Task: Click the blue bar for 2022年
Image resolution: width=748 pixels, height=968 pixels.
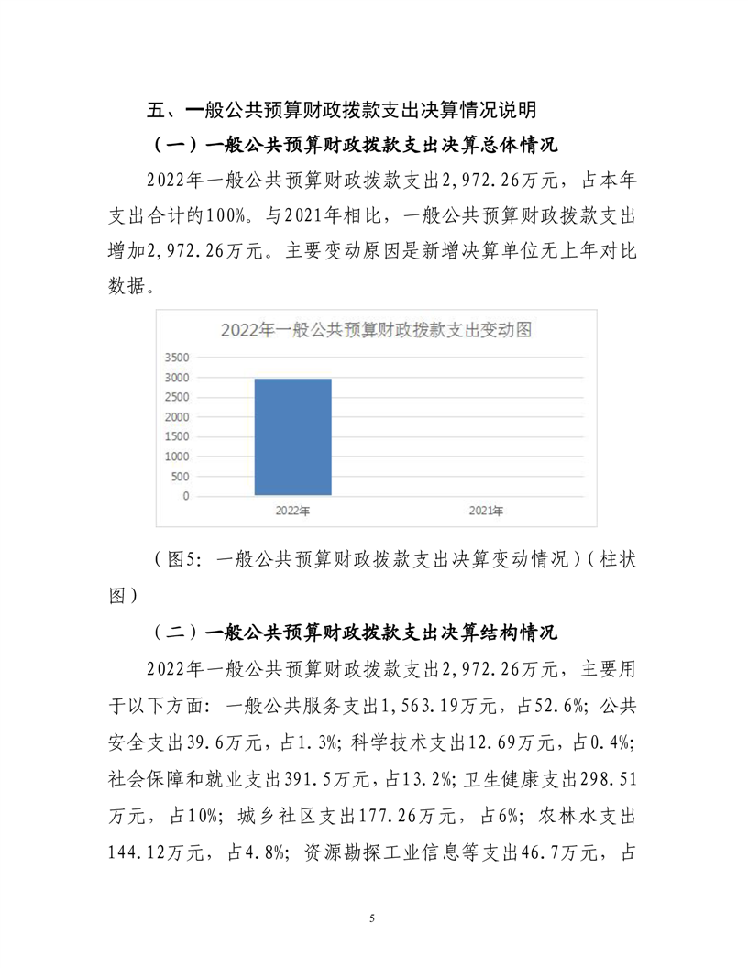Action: pos(293,436)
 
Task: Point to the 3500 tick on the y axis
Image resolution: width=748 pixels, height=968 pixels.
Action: pos(177,357)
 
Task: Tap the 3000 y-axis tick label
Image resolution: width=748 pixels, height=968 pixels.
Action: pos(177,378)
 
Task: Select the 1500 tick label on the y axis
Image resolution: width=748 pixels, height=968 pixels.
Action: pos(177,437)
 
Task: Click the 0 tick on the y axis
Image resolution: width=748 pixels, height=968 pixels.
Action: pos(186,497)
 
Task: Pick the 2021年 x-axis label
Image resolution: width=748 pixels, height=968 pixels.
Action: pos(486,511)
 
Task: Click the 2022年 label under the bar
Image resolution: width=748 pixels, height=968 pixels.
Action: pos(293,511)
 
